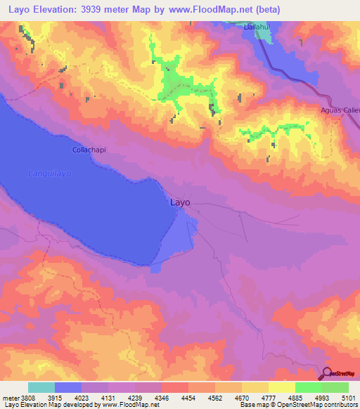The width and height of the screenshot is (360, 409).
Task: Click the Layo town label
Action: [181, 202]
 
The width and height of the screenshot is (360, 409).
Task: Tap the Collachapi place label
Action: [88, 150]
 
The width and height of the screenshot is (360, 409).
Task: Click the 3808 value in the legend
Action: [27, 398]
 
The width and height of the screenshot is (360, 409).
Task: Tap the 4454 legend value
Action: [188, 398]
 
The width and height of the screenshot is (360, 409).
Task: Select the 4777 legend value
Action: [269, 398]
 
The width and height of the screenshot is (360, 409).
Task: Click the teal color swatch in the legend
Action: [41, 387]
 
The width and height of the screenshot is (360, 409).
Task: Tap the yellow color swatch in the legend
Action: [281, 387]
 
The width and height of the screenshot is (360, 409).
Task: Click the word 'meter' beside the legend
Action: [9, 398]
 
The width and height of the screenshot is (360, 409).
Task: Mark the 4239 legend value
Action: [135, 398]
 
